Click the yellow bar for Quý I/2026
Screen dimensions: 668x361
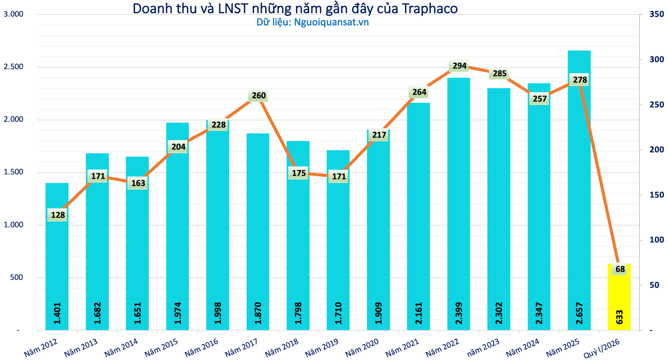point(619,297)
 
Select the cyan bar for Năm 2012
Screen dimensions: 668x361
point(57,257)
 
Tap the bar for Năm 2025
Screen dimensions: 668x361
point(579,190)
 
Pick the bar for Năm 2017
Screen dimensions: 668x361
point(258,232)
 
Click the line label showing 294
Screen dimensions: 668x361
point(460,66)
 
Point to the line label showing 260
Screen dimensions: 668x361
point(259,96)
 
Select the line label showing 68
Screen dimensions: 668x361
point(620,269)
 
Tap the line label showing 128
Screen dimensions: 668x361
point(58,215)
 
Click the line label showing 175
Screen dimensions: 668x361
point(299,173)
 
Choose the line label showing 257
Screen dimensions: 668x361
point(540,99)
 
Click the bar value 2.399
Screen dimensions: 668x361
point(459,313)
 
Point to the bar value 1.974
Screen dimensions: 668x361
point(178,313)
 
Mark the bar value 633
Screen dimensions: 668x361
point(619,317)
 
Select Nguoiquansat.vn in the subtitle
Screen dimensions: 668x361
point(331,22)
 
